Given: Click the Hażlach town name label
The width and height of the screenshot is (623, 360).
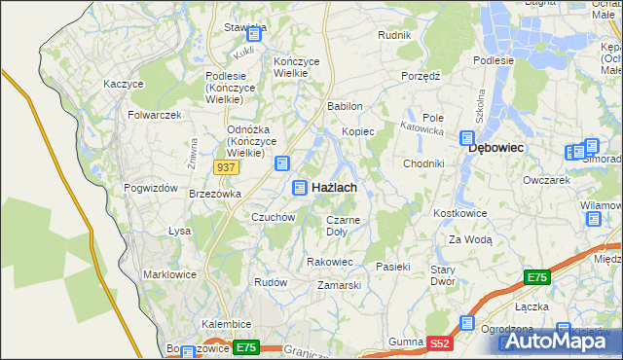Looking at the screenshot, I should point(333,187).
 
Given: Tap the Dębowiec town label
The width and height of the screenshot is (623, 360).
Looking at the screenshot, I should point(496,147).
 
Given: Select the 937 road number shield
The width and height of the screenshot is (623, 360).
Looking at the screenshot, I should point(226,167).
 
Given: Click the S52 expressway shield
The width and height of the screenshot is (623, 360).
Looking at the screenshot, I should point(441,342).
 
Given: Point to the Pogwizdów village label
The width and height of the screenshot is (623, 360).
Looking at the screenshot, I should point(151,187).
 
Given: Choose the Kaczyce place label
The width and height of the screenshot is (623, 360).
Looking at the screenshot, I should point(124,84).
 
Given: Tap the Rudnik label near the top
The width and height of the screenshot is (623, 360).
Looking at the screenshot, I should point(394,35).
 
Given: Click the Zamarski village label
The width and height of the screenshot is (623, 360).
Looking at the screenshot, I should point(340,285).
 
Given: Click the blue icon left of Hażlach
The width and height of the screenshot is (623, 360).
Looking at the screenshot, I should point(302,187).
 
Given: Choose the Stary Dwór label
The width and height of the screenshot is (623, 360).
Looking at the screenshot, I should point(444,274).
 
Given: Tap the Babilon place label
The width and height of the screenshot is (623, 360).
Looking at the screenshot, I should point(346,106).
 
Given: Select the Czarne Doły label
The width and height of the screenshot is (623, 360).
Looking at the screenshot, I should point(343,226).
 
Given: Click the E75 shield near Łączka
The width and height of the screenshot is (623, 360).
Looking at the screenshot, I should point(537,278).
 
